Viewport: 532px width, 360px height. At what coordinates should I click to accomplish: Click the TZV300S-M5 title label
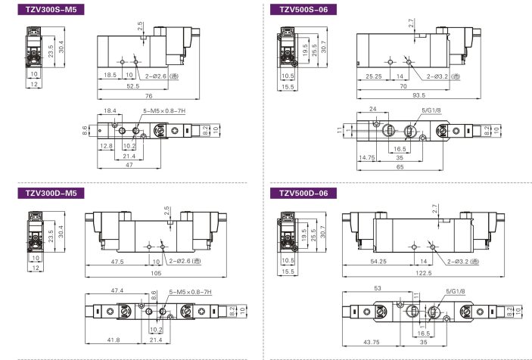(51, 10)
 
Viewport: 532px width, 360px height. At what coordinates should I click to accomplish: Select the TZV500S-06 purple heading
(303, 10)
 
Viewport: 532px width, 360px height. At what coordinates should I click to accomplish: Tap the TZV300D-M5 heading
(51, 193)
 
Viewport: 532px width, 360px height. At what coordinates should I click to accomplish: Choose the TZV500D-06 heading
(303, 193)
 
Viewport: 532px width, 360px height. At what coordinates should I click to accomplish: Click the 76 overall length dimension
(148, 96)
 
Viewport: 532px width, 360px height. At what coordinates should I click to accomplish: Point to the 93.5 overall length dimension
(418, 95)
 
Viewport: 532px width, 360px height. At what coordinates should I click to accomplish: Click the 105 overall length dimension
(156, 273)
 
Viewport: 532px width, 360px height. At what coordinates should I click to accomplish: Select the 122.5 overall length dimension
(424, 273)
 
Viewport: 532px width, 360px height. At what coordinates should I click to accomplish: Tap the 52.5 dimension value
(133, 86)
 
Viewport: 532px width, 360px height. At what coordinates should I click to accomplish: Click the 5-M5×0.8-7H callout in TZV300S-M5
(164, 111)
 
